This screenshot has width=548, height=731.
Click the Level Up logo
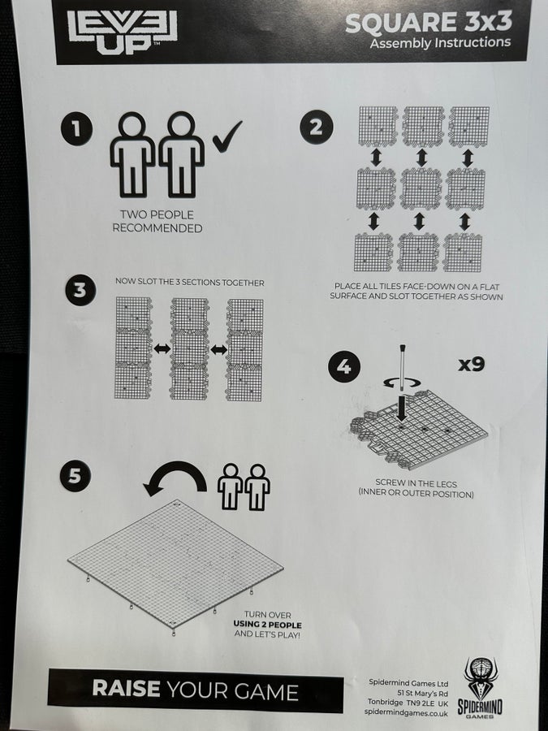[122, 31]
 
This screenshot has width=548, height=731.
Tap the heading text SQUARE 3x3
[429, 23]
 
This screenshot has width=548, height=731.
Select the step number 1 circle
[76, 129]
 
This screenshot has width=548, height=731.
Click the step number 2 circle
[317, 127]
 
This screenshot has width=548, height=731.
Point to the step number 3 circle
[80, 290]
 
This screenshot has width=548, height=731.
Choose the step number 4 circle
[344, 366]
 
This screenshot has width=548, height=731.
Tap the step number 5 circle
[75, 475]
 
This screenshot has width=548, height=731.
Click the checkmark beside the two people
[227, 136]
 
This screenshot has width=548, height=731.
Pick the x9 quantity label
[471, 364]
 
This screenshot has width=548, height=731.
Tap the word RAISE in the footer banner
[126, 689]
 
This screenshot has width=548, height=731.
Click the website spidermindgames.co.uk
[407, 713]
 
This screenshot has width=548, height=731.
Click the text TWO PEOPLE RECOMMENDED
[157, 222]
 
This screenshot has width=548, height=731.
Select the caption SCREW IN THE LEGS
[416, 483]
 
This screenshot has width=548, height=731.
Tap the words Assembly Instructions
[440, 43]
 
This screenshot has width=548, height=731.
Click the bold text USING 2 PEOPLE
[267, 625]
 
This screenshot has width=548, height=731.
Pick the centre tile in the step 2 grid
[421, 188]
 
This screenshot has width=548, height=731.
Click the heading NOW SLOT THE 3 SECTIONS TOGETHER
[190, 283]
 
